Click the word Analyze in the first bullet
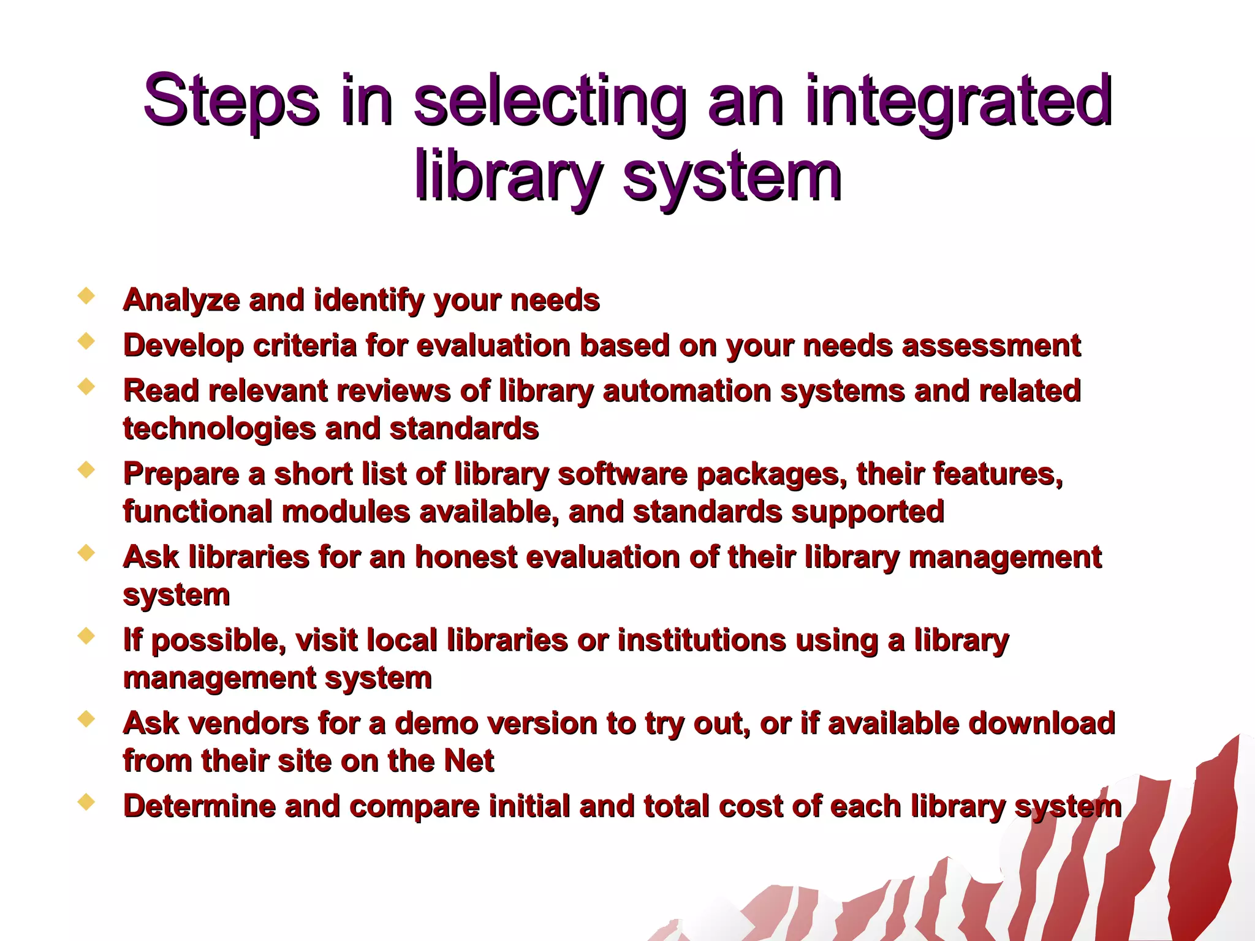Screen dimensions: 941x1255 pos(181,301)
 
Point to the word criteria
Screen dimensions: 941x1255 pos(305,346)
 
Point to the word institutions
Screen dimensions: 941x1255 pos(701,641)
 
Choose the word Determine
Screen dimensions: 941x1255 pos(199,807)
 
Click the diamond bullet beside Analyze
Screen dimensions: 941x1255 pos(86,297)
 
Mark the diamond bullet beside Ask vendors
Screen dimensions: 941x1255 pos(86,719)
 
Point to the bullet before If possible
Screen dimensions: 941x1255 pos(86,636)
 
